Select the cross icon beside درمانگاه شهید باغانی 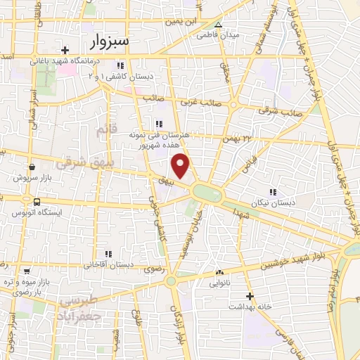(x=65, y=50)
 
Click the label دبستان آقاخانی (x=108, y=265)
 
